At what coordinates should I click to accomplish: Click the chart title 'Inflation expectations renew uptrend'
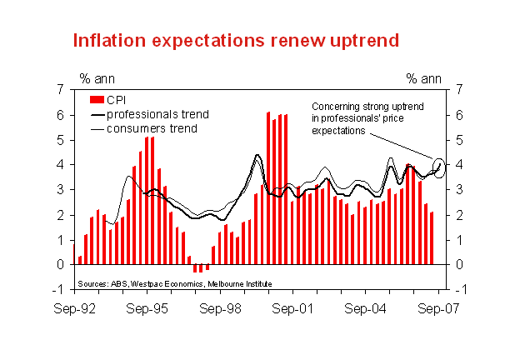pos(236,41)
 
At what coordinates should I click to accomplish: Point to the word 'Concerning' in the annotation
pos(334,107)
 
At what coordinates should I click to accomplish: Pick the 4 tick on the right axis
pos(459,165)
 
